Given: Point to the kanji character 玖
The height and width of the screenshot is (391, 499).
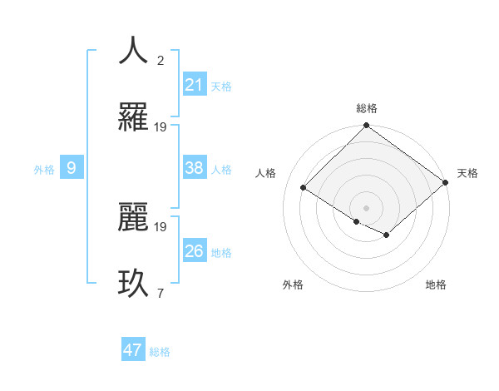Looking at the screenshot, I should [133, 283].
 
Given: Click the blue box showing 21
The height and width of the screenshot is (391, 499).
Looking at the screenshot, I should [195, 85].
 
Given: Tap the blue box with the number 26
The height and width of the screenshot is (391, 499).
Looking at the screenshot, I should [195, 251].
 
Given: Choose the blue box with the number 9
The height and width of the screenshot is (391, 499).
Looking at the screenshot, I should [72, 169].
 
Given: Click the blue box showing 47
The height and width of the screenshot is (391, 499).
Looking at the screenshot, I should [133, 350].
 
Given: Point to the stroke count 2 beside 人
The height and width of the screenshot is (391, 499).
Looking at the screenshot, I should [161, 61].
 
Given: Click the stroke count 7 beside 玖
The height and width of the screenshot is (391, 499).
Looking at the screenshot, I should [161, 294].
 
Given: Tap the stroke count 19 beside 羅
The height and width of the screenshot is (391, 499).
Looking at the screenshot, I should [161, 127].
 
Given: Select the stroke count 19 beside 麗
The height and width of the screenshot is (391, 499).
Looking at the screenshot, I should [161, 226].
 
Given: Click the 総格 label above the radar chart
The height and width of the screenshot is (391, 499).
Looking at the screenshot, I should [366, 108].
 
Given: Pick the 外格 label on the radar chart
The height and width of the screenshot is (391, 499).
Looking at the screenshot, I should [293, 285].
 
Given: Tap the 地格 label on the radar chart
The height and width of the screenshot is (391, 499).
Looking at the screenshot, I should [436, 285].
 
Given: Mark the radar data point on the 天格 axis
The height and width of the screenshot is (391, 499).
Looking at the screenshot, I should [446, 182].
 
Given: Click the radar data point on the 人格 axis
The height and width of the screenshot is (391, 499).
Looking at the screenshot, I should [304, 188].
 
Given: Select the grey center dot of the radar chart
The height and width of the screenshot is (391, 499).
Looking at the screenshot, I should [366, 207].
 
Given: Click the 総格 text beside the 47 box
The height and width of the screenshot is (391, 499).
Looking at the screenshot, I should [160, 352].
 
